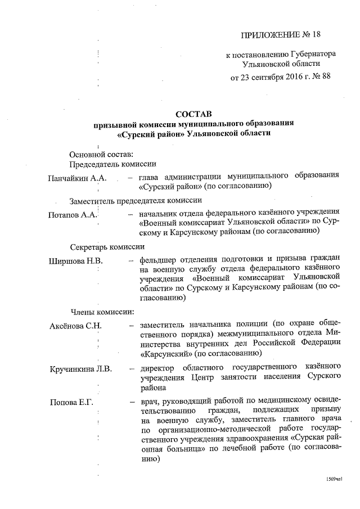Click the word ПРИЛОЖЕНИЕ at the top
point(266,35)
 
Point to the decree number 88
point(324,76)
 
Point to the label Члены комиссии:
point(102,311)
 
